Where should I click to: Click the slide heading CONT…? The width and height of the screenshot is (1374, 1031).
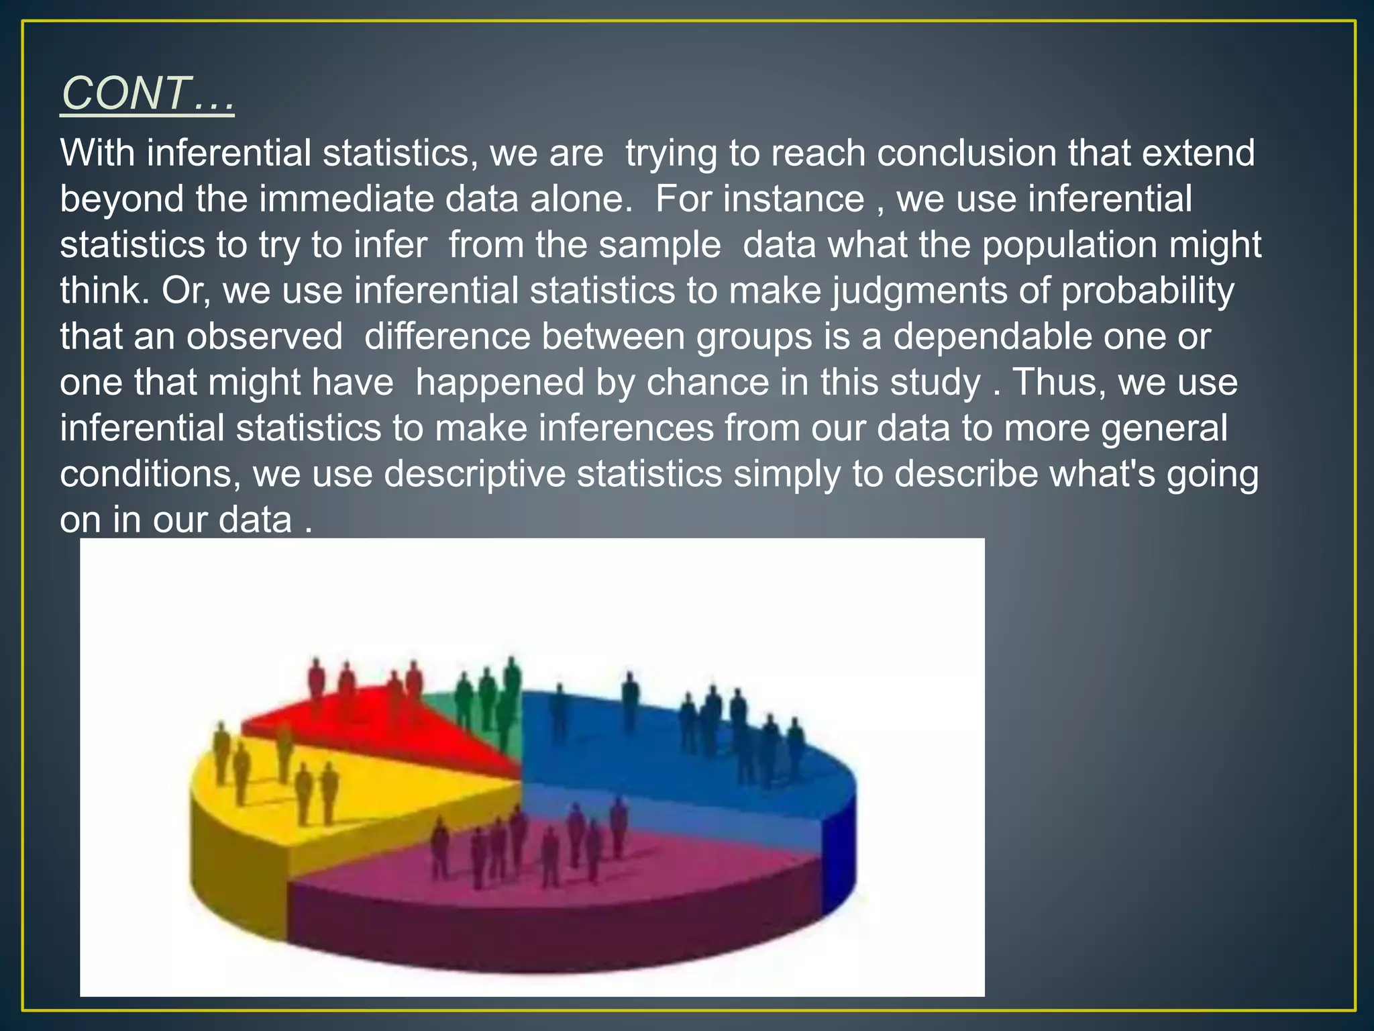click(148, 93)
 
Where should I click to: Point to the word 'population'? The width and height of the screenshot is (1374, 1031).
click(1069, 245)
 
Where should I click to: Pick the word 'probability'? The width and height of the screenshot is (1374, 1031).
click(1147, 291)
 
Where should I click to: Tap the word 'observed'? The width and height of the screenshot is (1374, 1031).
click(264, 336)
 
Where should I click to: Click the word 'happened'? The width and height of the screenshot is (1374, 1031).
click(524, 383)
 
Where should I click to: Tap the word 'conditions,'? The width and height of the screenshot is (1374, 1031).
click(150, 474)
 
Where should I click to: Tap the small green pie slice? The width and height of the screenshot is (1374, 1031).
click(470, 711)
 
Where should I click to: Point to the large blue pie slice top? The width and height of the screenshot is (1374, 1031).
click(671, 752)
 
